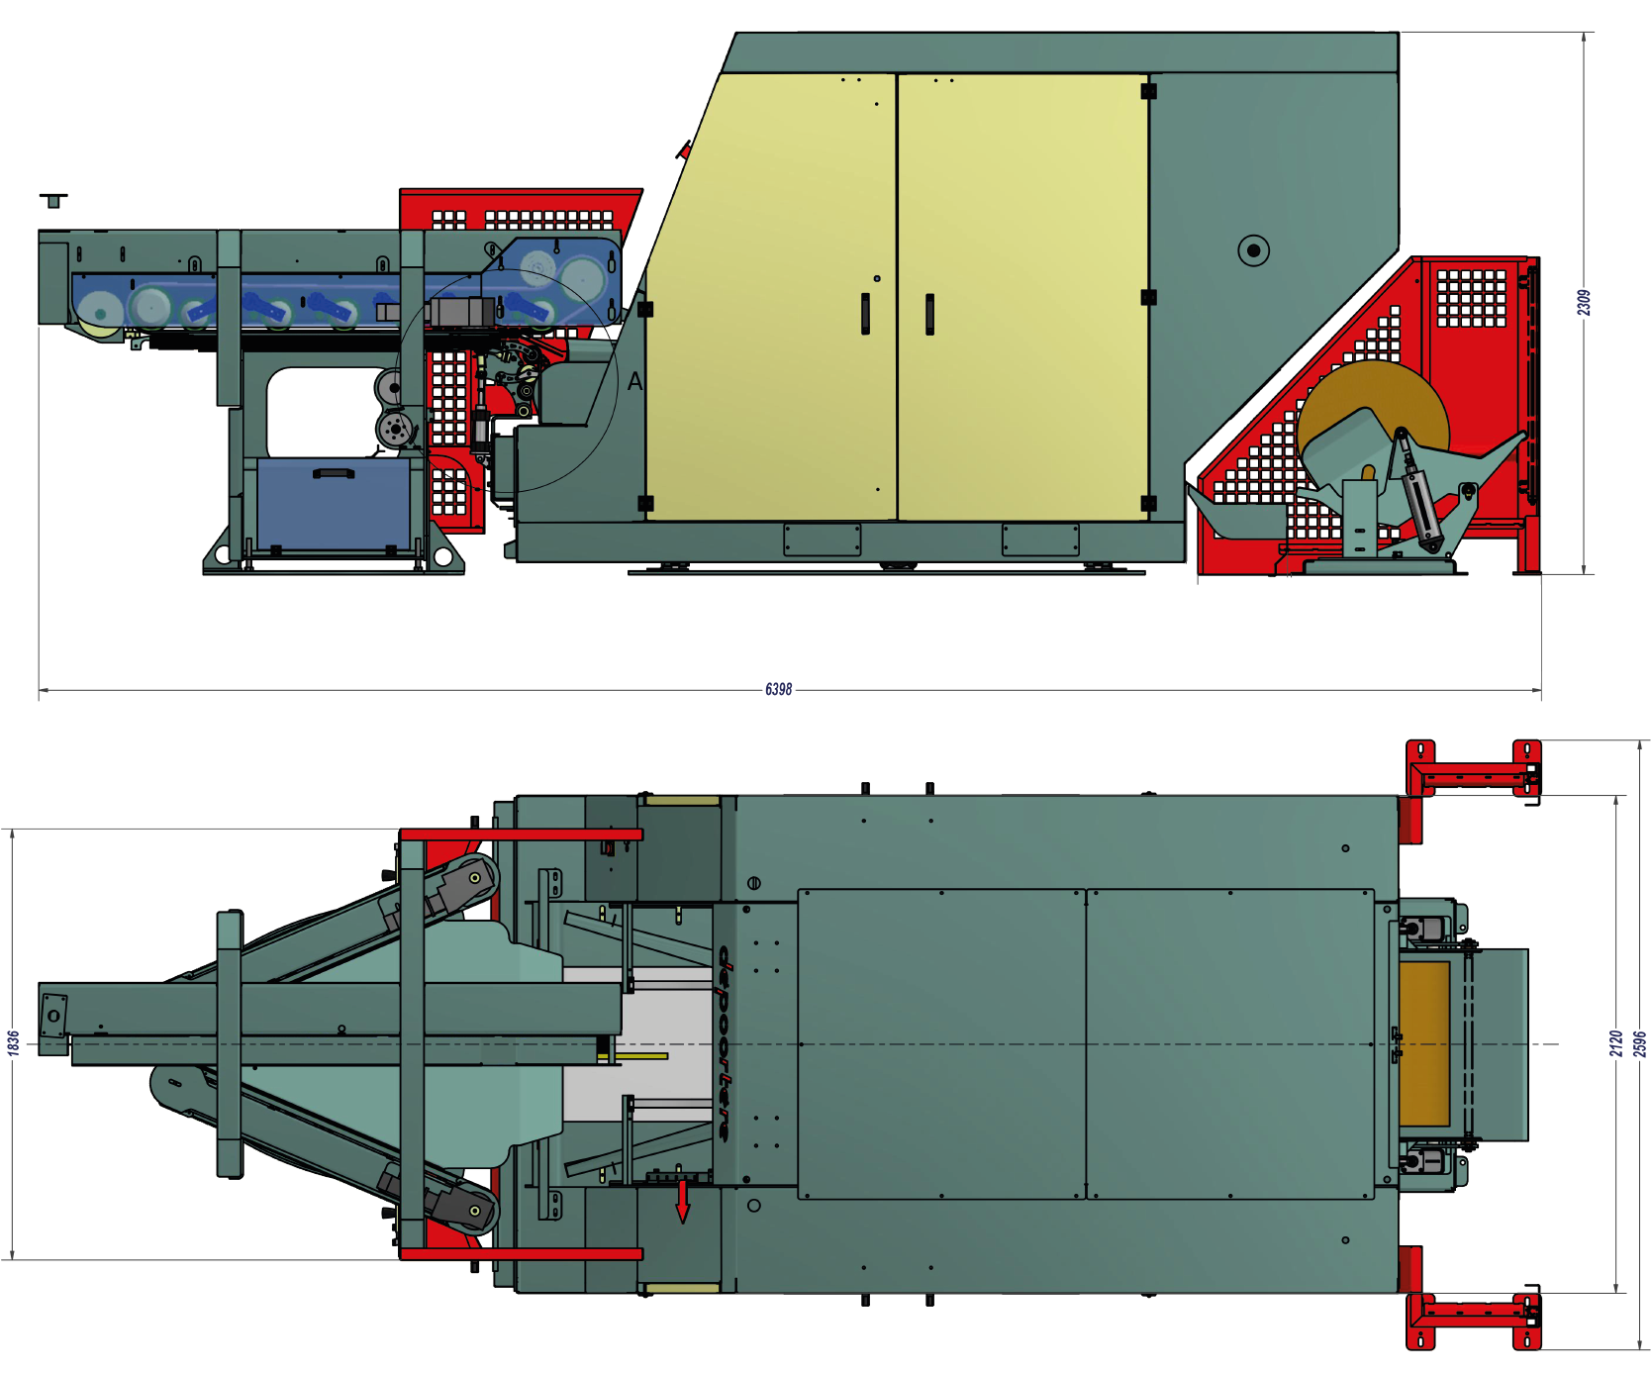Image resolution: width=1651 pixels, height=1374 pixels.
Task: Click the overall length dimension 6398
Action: point(778,689)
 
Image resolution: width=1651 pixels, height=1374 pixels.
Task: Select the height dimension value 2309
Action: point(1584,303)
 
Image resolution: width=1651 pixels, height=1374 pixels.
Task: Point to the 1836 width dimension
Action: point(13,1042)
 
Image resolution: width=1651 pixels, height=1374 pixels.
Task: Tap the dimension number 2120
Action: point(1615,1043)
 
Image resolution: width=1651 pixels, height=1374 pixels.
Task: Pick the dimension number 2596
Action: point(1639,1043)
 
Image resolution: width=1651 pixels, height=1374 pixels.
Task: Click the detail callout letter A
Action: point(634,381)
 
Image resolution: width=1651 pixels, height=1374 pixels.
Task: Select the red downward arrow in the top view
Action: point(682,1199)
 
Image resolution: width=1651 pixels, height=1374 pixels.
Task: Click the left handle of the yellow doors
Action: point(865,313)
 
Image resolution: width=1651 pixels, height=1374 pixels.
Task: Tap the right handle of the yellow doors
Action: point(929,314)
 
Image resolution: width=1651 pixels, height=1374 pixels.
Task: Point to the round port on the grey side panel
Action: point(1253,250)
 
